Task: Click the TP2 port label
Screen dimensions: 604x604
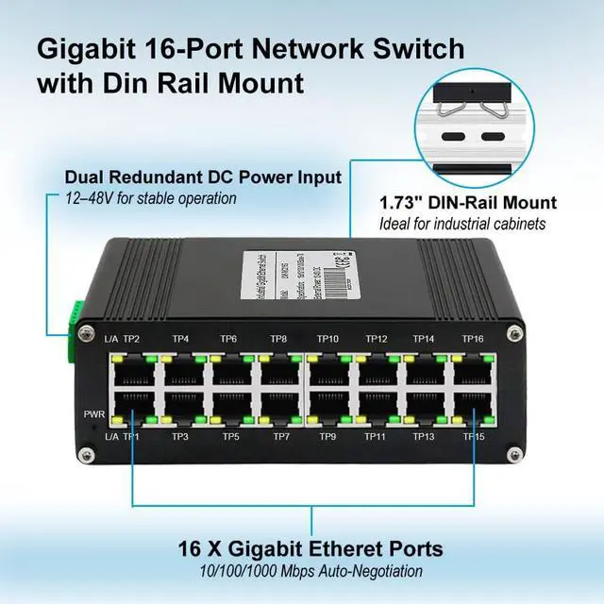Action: pos(131,339)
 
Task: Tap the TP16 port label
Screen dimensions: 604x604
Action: pos(473,339)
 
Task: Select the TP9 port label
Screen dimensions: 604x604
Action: pos(327,436)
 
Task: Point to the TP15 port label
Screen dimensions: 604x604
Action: pos(473,436)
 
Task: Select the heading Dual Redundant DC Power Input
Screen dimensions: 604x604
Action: pos(203,177)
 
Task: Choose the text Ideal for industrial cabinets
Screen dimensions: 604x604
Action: pos(463,224)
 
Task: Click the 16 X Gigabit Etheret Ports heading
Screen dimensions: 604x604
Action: pos(312,549)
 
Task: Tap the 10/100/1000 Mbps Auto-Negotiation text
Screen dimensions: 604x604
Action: pos(312,571)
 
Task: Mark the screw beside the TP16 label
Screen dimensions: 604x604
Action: pos(513,334)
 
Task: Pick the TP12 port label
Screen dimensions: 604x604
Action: pos(377,339)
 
